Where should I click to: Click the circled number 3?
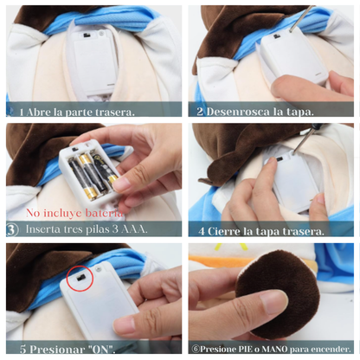click(12, 230)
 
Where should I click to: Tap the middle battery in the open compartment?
click(87, 170)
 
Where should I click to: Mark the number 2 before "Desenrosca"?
click(200, 112)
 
